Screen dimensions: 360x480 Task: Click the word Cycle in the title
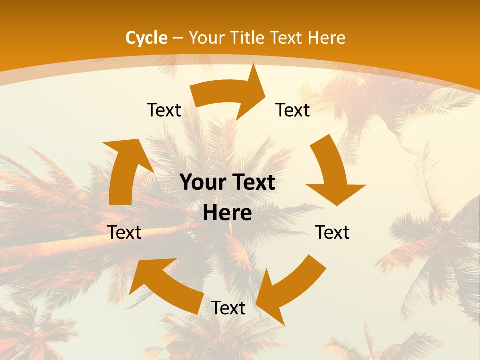(x=146, y=37)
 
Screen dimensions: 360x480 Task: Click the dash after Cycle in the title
(x=178, y=38)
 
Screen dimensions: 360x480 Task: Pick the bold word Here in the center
(x=227, y=213)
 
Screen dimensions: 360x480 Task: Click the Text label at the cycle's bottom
(x=228, y=308)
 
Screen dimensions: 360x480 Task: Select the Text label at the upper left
(x=164, y=110)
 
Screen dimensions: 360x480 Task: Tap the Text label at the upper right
(x=293, y=110)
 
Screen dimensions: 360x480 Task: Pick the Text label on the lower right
(x=332, y=232)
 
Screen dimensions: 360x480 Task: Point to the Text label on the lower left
(x=125, y=232)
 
